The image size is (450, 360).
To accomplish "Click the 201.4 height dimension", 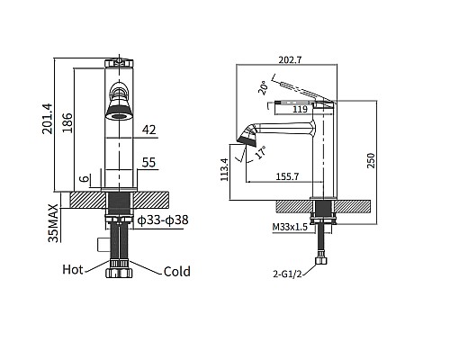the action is click(48, 119).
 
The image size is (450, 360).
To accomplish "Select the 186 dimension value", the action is click(67, 122).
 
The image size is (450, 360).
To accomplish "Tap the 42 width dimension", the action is click(149, 130).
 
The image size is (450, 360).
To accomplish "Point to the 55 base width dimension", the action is click(149, 163).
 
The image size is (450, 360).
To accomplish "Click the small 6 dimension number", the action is click(85, 179).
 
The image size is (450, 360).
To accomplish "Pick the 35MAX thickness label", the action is click(53, 223).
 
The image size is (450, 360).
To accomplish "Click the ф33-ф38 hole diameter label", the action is click(163, 220).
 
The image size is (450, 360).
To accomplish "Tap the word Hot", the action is click(73, 269).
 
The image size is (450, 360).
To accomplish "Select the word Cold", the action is click(177, 272).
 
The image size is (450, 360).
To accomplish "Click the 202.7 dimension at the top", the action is click(290, 60).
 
